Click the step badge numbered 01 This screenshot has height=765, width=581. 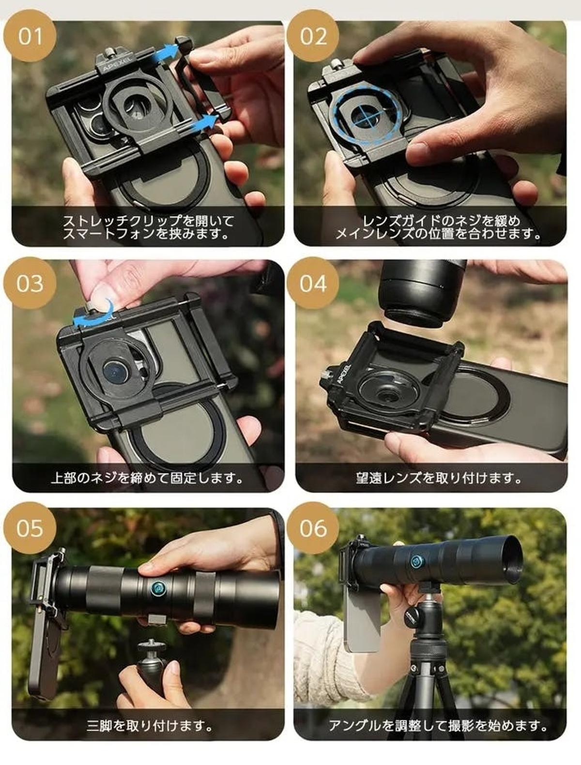point(30,36)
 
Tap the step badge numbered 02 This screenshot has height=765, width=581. point(313,36)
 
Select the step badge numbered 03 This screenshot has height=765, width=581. point(30,284)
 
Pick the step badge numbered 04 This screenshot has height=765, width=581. point(313,284)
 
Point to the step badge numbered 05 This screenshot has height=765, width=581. point(30,528)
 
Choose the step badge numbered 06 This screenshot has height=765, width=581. point(313,528)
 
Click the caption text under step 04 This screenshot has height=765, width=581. point(431,478)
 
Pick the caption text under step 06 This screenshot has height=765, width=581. point(438,726)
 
